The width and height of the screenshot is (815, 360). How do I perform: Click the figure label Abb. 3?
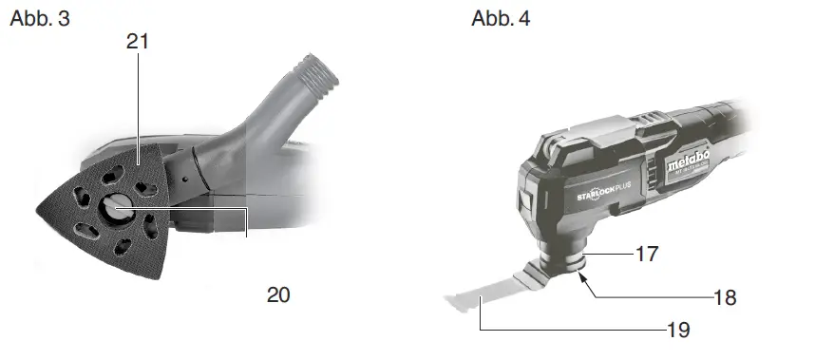pos(40,18)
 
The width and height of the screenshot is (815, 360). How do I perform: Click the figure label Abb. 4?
pos(502,18)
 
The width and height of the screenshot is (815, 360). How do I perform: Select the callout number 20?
pos(277,294)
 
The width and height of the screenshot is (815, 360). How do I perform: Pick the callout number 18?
pos(725,297)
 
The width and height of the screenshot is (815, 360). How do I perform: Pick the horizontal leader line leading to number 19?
pos(570,330)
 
